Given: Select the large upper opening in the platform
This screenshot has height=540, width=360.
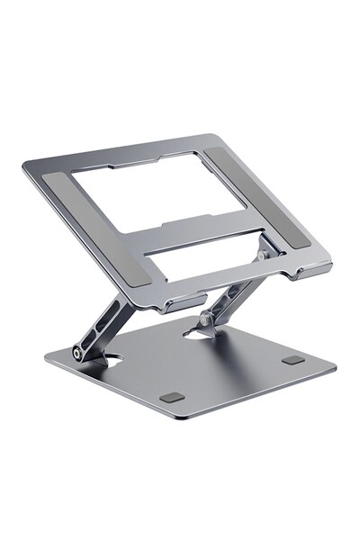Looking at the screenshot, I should [x=158, y=193].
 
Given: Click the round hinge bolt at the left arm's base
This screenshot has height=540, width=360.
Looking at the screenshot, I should [x=79, y=354].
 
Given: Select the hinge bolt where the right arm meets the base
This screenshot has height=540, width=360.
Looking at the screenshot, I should [x=206, y=318].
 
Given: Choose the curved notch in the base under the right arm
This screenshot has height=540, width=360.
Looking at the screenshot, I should [x=195, y=333].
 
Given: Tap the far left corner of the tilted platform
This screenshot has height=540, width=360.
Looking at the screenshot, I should [x=25, y=166].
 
